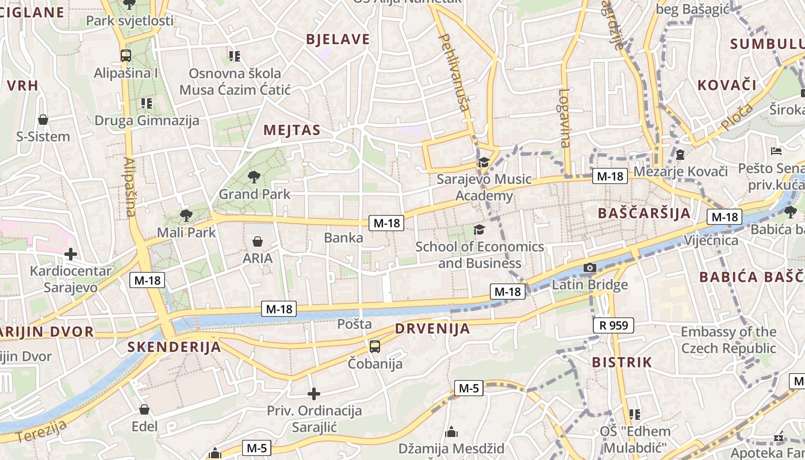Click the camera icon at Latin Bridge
[x=589, y=267]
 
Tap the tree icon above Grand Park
[x=254, y=177]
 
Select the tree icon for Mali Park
[x=186, y=216]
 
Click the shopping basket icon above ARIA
[x=258, y=241]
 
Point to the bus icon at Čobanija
[x=375, y=346]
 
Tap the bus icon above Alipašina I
[x=125, y=56]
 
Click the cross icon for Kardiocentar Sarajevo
[x=71, y=254]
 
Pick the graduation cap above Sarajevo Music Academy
[x=484, y=162]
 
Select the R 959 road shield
[x=614, y=326]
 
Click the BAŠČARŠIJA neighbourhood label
[x=644, y=213]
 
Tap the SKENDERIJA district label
[x=174, y=347]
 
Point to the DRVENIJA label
[x=432, y=329]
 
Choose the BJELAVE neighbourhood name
[x=338, y=39]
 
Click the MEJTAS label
[x=292, y=130]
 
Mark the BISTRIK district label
[x=622, y=362]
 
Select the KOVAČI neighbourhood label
[x=727, y=85]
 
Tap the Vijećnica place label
[x=711, y=240]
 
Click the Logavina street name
[x=565, y=118]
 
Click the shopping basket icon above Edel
[x=144, y=409]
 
